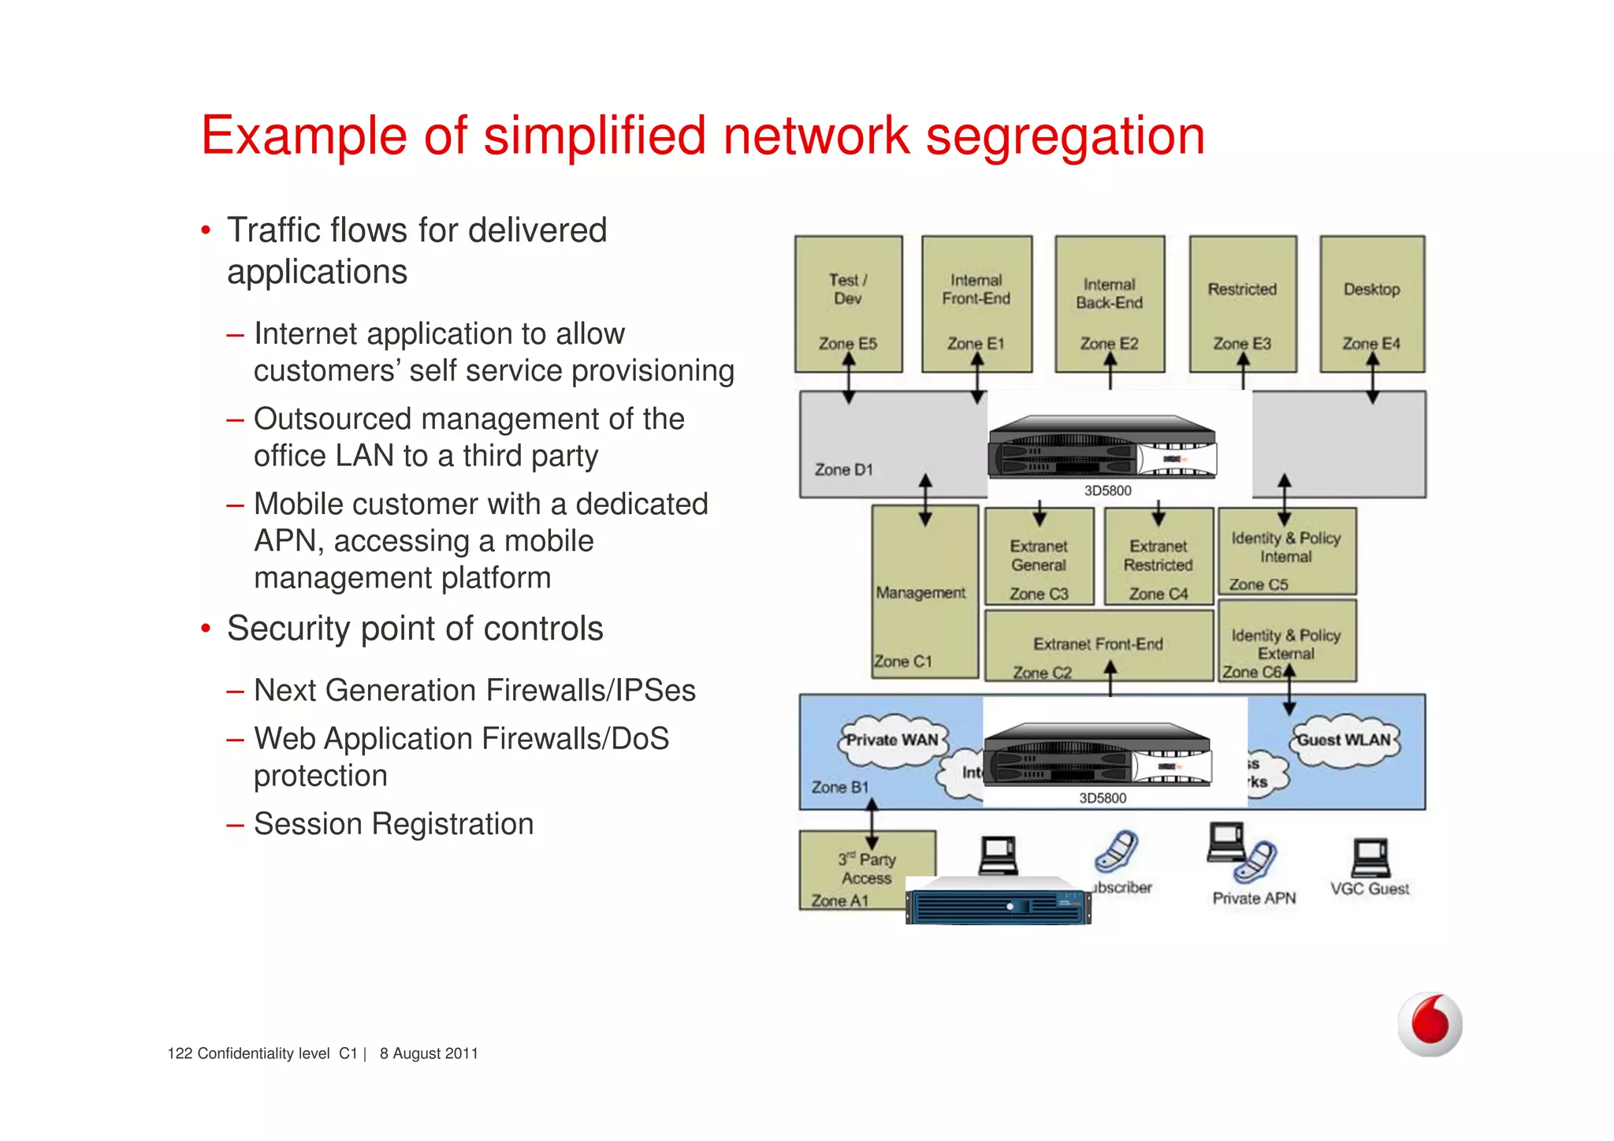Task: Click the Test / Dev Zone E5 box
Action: (x=848, y=304)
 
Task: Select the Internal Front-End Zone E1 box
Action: (x=976, y=304)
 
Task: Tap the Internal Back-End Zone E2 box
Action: (x=1110, y=304)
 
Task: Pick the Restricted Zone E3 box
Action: (x=1242, y=304)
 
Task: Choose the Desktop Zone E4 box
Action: (x=1372, y=304)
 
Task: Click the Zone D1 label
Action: (x=843, y=469)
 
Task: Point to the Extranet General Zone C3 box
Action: (x=1039, y=557)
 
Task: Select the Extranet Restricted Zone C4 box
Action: (x=1158, y=557)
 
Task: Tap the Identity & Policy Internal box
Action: (x=1286, y=550)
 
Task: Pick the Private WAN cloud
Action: (x=891, y=740)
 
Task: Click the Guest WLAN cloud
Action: (x=1344, y=740)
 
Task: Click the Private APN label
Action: (x=1254, y=898)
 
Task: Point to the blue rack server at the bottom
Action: (x=998, y=902)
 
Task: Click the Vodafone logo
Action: (x=1429, y=1024)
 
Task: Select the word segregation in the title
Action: (x=1065, y=136)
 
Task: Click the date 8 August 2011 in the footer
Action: (x=429, y=1053)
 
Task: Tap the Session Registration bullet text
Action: (x=393, y=824)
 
